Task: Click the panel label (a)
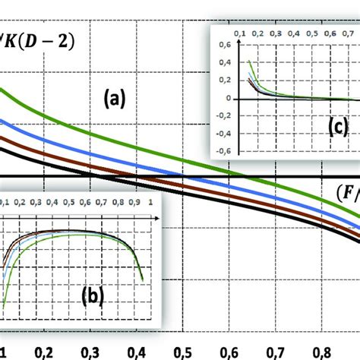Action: (115, 98)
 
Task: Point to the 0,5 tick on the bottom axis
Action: (184, 354)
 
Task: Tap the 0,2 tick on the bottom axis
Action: (45, 354)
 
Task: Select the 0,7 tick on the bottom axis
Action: (276, 354)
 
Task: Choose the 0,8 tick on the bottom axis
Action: (323, 354)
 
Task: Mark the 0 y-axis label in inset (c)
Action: (227, 99)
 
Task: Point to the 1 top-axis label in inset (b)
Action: (151, 204)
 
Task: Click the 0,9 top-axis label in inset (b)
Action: (137, 204)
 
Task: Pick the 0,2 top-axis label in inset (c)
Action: (254, 35)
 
